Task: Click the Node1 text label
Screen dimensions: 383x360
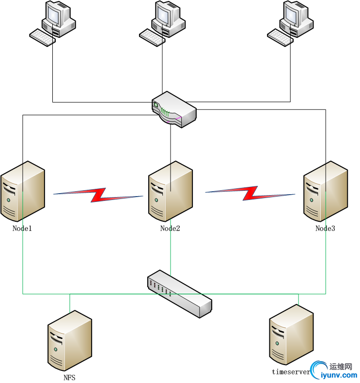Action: click(x=22, y=228)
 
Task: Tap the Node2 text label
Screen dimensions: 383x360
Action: click(x=170, y=228)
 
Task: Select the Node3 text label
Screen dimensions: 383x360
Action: click(x=325, y=228)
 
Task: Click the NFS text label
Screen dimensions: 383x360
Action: click(x=69, y=378)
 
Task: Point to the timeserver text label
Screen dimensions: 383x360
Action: click(x=290, y=372)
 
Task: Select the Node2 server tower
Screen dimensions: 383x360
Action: click(x=170, y=191)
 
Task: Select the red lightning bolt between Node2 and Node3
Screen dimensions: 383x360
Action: click(x=250, y=193)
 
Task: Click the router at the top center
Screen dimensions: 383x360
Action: click(x=174, y=110)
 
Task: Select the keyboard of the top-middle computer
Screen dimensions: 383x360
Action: click(x=152, y=37)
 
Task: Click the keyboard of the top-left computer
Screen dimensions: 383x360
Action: click(x=42, y=37)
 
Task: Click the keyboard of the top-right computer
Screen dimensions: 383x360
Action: click(x=280, y=37)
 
